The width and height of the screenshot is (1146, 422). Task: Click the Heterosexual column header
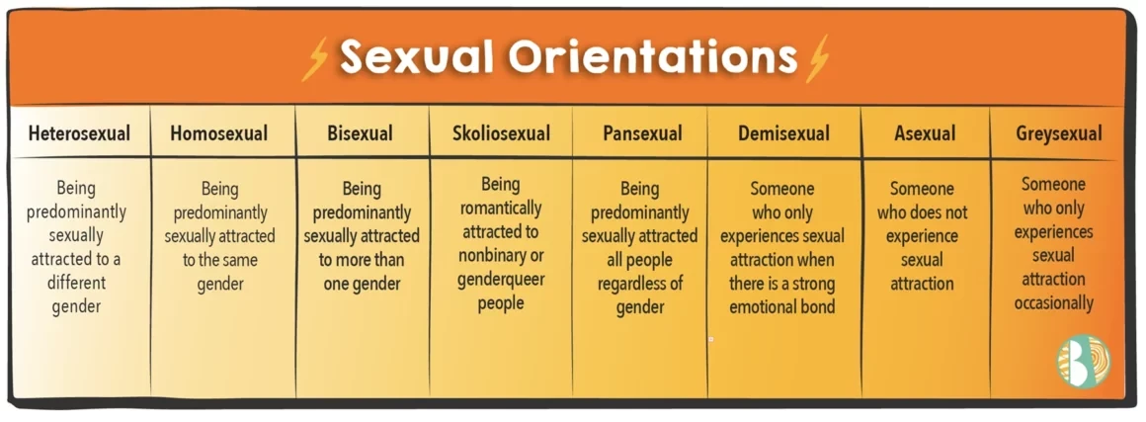coord(79,133)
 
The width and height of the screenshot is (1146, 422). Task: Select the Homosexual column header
coord(218,133)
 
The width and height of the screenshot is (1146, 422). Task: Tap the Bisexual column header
coord(361,133)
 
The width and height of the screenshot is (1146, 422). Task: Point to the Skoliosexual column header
coord(501,133)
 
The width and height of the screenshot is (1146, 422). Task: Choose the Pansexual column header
coord(642,133)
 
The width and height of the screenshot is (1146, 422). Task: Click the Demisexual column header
coord(783,133)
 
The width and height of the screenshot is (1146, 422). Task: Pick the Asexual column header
coord(925,133)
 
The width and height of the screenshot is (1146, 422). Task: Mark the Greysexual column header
coord(1058,133)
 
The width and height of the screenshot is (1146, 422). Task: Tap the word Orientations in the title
coord(652,55)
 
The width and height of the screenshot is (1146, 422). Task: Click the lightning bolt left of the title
coord(315,57)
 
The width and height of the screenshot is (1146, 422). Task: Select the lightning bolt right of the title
coord(816,57)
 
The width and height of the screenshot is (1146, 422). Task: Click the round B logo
coord(1083,361)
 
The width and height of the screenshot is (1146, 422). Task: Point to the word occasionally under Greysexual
coord(1053,302)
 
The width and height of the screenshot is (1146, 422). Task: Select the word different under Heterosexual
coord(77,283)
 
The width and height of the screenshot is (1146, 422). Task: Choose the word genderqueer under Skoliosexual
coord(501,280)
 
